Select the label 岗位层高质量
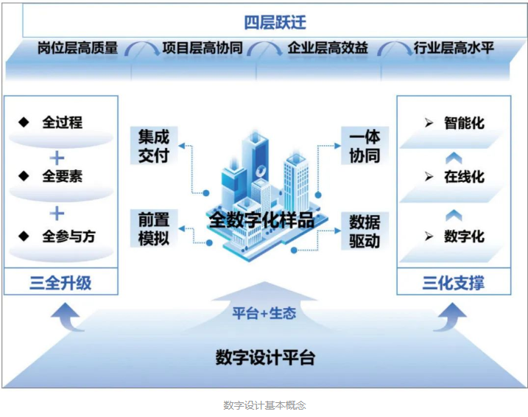coord(77,49)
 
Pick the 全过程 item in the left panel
coord(62,122)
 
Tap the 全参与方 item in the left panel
coord(68,236)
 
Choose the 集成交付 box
coord(154,145)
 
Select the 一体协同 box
coord(365,145)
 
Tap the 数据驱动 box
coord(365,231)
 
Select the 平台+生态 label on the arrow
coord(264,312)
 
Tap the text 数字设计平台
coord(265,358)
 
